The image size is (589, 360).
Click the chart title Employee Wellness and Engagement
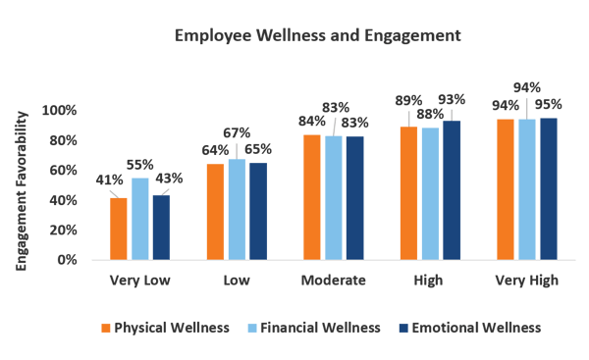coord(316,35)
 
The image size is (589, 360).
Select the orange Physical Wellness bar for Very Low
coord(119,229)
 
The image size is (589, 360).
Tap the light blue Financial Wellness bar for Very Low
coord(140,218)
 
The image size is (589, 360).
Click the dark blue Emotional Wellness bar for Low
coord(257,211)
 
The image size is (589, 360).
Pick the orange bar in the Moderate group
coord(311,196)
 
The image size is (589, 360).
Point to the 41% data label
coord(109,180)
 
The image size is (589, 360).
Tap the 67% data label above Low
coord(237,132)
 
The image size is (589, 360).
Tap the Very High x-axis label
coord(525,281)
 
